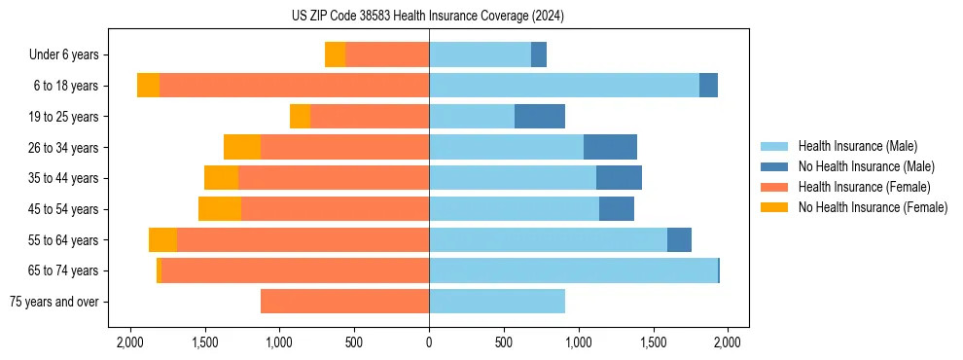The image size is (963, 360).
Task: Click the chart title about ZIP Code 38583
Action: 428,16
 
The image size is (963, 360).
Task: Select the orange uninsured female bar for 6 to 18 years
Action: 148,86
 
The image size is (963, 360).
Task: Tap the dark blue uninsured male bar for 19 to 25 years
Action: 540,117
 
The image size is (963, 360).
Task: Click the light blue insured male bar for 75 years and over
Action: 497,302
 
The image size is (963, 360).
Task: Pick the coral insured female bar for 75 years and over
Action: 344,302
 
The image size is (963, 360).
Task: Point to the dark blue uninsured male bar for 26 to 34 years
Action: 610,147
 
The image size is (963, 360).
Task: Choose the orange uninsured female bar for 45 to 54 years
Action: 220,209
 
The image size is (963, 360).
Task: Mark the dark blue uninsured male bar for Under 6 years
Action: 539,54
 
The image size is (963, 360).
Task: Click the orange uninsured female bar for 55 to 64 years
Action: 162,239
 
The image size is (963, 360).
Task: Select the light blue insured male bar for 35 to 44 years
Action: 513,178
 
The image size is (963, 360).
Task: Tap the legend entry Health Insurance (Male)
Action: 857,146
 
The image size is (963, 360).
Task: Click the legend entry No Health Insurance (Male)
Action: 866,166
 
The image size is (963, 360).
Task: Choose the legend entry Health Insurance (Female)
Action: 865,187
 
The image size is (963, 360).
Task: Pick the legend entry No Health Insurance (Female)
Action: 873,207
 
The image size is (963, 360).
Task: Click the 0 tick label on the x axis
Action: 429,342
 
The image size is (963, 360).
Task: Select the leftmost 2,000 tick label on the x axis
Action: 129,342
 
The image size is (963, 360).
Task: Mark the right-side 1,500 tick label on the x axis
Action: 654,342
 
